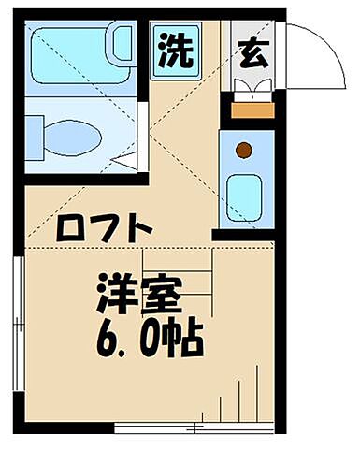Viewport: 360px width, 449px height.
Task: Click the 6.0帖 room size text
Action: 149,339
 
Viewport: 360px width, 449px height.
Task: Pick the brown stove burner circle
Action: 244,150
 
